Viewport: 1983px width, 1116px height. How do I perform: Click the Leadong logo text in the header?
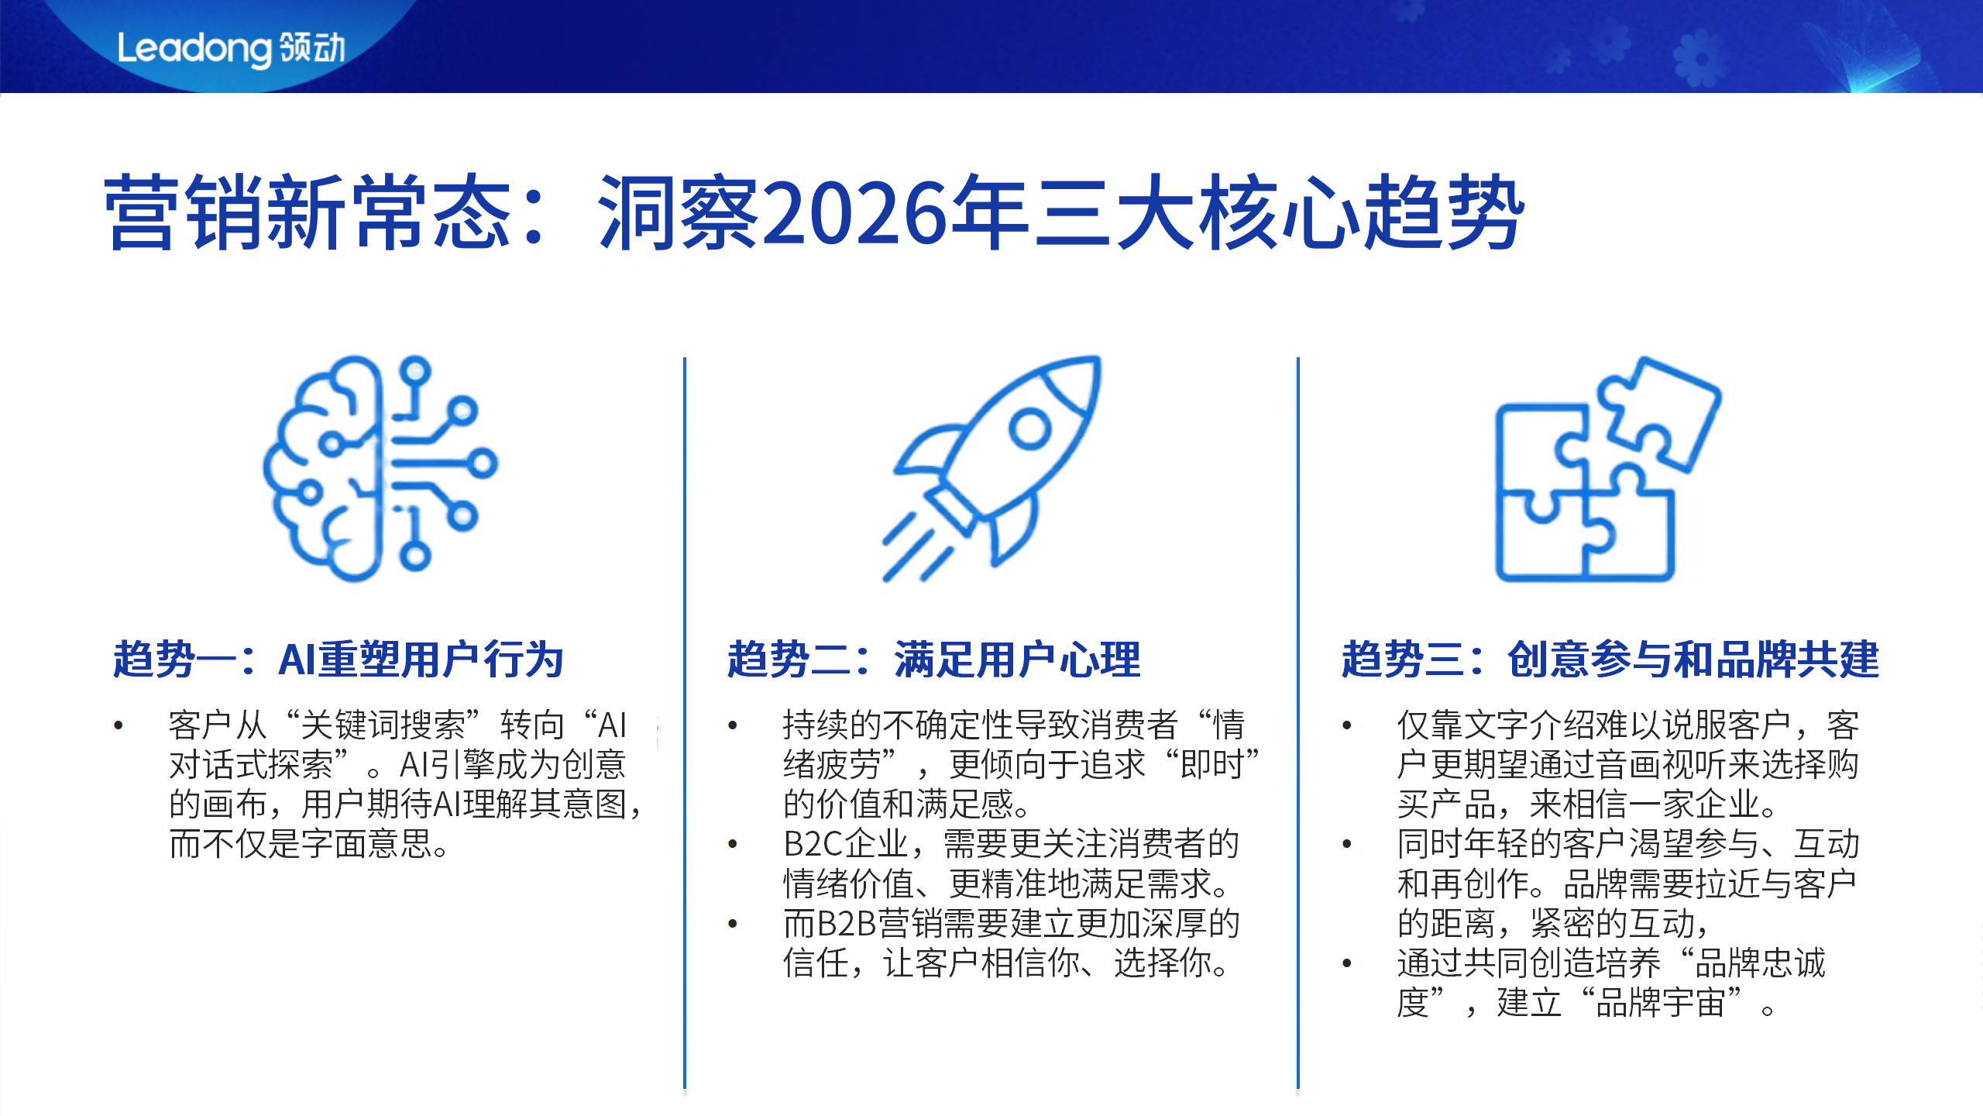tap(231, 48)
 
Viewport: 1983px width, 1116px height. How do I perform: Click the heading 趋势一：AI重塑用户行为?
tap(338, 660)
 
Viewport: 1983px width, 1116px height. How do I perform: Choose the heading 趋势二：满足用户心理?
tap(933, 660)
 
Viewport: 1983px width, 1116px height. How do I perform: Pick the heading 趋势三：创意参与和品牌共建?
tap(1610, 660)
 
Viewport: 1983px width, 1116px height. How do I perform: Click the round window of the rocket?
tap(1029, 427)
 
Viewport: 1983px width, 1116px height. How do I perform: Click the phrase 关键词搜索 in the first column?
tap(383, 725)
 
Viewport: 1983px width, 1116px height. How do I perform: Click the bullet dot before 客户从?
tap(119, 726)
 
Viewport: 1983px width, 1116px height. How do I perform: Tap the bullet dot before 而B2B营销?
tap(733, 924)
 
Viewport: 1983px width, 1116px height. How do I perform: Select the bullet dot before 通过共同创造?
tap(1347, 963)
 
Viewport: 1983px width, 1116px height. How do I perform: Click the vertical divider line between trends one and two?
tap(685, 721)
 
